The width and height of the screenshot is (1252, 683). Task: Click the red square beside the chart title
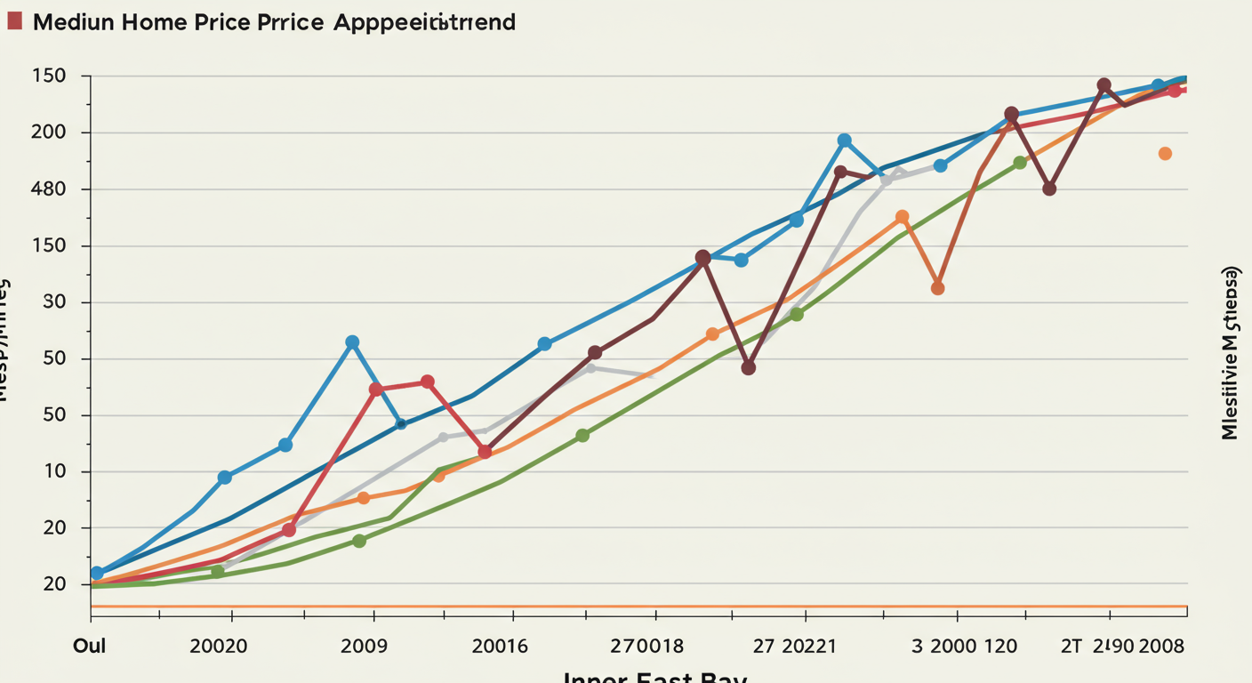(x=14, y=21)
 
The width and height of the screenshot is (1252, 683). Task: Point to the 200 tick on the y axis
(x=49, y=133)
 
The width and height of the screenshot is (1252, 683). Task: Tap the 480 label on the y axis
(x=49, y=189)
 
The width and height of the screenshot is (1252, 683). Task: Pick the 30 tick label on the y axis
(x=54, y=302)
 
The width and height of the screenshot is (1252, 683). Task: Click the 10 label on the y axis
(x=54, y=471)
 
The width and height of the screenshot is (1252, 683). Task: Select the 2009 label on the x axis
(x=364, y=646)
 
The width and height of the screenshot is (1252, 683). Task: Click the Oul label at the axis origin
(x=89, y=646)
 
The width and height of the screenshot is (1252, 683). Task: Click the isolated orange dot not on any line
(x=1165, y=154)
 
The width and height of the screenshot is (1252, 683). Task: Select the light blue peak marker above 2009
(x=352, y=342)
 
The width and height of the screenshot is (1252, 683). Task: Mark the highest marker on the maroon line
(x=1104, y=85)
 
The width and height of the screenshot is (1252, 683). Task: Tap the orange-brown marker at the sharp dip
(x=937, y=288)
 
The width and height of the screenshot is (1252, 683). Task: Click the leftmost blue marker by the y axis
(x=97, y=573)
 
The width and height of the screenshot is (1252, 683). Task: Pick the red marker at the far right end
(x=1174, y=91)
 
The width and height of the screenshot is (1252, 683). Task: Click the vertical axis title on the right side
(x=1230, y=352)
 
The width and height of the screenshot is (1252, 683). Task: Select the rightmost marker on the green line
(x=1020, y=163)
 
